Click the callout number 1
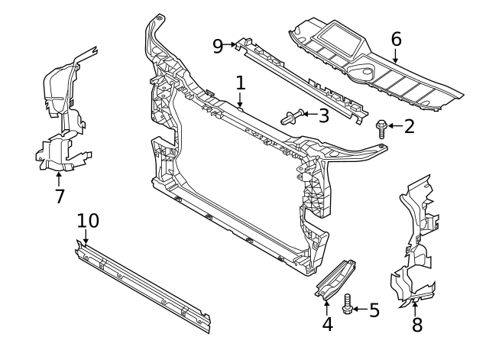click(240, 83)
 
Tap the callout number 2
click(409, 126)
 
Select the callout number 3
click(323, 116)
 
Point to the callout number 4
click(327, 324)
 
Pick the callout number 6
click(396, 38)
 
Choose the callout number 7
click(60, 196)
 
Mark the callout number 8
click(416, 324)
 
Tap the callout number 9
click(218, 46)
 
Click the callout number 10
click(88, 220)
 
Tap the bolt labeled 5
click(348, 304)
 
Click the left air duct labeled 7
click(61, 115)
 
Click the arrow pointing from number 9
click(230, 46)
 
